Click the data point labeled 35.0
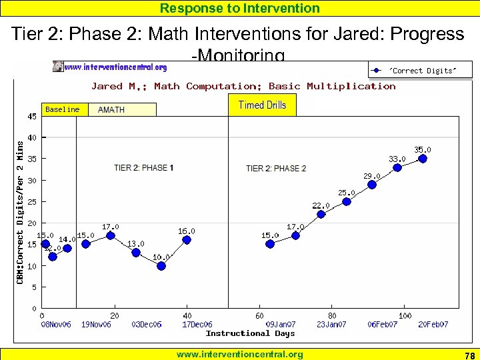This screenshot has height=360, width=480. point(423,159)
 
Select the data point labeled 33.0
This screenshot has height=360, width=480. point(397,167)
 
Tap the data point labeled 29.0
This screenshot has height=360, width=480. point(372,185)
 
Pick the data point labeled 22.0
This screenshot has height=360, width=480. point(321,214)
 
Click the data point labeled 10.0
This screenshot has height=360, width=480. point(161,265)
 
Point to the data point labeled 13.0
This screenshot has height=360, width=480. point(136,252)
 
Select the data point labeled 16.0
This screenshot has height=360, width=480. point(187,240)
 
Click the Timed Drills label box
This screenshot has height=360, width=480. point(262,105)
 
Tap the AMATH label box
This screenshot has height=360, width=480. point(123,110)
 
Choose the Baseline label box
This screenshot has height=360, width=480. point(63,109)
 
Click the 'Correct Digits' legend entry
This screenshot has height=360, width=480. point(420,71)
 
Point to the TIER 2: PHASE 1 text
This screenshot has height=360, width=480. point(144,168)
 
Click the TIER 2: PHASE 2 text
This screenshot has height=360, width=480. point(276,169)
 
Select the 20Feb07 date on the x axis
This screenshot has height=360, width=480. point(433,325)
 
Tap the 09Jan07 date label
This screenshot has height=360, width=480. point(281,325)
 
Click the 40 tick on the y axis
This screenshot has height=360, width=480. point(32,138)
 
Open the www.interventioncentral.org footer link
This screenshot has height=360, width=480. point(239,355)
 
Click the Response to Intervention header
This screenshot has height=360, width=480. point(240,8)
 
